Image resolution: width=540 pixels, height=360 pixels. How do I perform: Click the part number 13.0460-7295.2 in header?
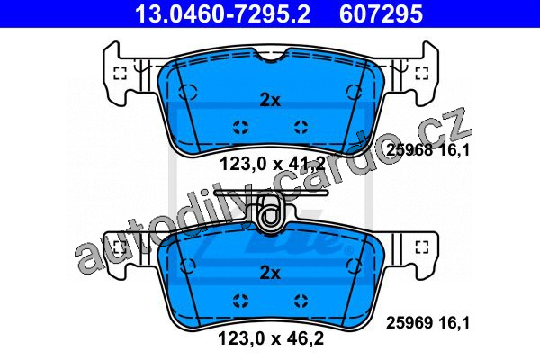pyautogui.click(x=223, y=13)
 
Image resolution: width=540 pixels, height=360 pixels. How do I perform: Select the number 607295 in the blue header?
pyautogui.click(x=381, y=13)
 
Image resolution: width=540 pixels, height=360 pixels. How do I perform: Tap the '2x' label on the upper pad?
pyautogui.click(x=270, y=100)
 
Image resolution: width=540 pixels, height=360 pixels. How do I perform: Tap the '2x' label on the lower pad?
pyautogui.click(x=270, y=273)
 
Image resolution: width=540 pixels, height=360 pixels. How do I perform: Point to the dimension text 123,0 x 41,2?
pyautogui.click(x=273, y=164)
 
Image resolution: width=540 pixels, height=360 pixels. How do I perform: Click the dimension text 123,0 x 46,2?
pyautogui.click(x=271, y=338)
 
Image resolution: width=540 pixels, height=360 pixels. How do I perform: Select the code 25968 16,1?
pyautogui.click(x=427, y=150)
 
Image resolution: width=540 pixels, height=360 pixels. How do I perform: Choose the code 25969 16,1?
pyautogui.click(x=427, y=323)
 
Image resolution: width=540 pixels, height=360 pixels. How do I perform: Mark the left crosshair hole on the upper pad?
pyautogui.click(x=240, y=128)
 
